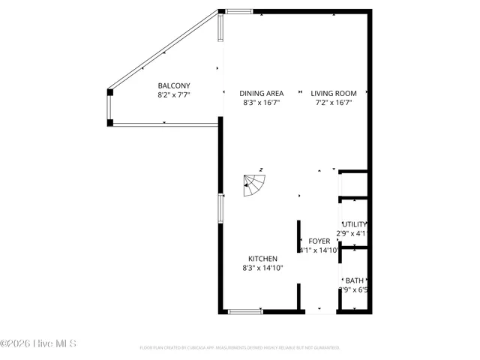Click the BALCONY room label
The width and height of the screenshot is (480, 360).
[x=173, y=85]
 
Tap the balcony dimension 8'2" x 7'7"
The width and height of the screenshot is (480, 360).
[x=173, y=95]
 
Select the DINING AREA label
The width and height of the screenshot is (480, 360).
[x=261, y=94]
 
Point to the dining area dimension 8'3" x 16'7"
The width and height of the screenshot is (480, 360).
[x=261, y=103]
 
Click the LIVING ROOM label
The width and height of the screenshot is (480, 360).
[x=334, y=94]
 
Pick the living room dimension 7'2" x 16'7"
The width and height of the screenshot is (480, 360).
[x=334, y=103]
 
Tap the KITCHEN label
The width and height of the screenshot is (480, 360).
[x=259, y=259]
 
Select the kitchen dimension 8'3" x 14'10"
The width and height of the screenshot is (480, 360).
[x=262, y=268]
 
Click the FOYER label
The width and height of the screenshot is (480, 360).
[x=319, y=241]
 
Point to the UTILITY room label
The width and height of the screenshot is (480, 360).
[x=355, y=224]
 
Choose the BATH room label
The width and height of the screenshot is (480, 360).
[x=355, y=280]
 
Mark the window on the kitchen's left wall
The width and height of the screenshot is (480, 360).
[x=220, y=208]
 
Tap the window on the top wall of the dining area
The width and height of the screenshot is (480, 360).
[x=239, y=11]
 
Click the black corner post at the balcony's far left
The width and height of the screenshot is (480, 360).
[x=110, y=92]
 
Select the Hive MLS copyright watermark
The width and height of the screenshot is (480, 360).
[x=38, y=344]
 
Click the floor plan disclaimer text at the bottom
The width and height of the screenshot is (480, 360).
[x=240, y=348]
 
